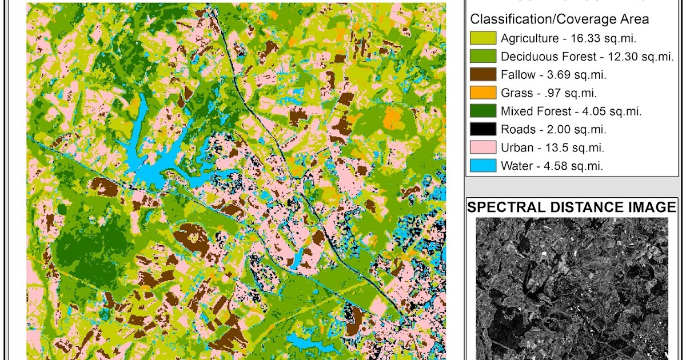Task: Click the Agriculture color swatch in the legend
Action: (x=482, y=38)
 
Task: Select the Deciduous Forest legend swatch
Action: (x=482, y=57)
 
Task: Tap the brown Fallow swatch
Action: (x=482, y=75)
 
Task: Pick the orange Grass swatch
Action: (x=482, y=93)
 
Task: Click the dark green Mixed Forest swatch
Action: (x=482, y=111)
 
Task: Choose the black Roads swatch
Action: (x=482, y=130)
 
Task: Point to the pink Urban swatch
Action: (x=482, y=148)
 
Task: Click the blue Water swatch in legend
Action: (x=482, y=166)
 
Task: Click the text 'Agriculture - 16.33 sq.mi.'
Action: (x=568, y=39)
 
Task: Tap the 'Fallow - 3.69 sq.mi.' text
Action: (x=553, y=75)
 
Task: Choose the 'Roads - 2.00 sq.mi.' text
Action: (x=553, y=130)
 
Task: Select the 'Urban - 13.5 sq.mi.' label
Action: (x=552, y=148)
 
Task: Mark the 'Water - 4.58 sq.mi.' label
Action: (x=552, y=166)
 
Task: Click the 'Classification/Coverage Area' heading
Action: (x=559, y=19)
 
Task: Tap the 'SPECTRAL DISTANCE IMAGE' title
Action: (x=572, y=207)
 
